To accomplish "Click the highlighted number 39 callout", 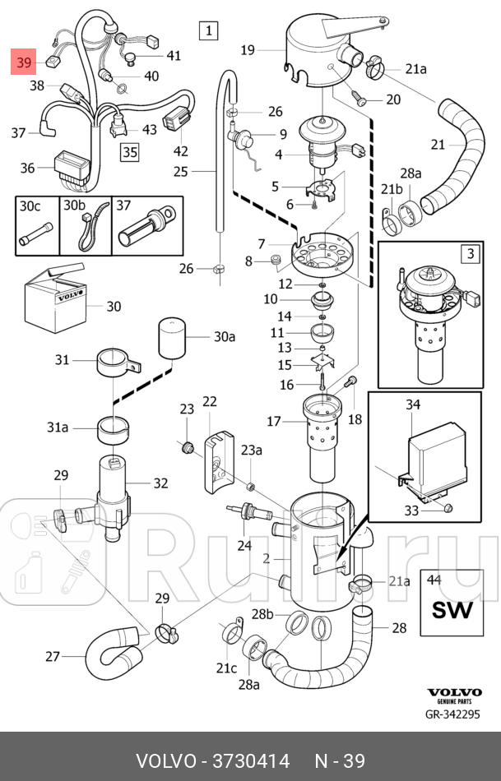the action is [24, 62].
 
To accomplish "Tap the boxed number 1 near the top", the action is [208, 30].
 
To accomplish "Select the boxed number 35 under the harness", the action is [130, 151].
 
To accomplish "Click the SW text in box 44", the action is [452, 610].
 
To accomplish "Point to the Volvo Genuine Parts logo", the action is [454, 696].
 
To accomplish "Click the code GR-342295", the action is [452, 714].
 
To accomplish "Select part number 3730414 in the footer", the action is [251, 761].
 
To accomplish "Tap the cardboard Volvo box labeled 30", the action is [55, 298].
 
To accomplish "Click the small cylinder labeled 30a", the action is [172, 338].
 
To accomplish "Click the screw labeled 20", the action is [359, 97].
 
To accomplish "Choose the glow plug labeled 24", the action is [248, 512].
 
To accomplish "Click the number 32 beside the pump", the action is [160, 483].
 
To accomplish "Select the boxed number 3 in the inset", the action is [471, 254].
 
